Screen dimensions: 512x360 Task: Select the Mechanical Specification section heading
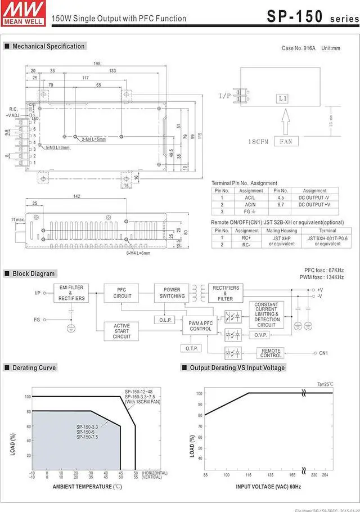[48, 46]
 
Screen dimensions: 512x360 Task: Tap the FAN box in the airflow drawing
[286, 142]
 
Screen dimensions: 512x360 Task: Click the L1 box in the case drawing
[282, 98]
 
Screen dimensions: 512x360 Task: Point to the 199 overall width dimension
[97, 64]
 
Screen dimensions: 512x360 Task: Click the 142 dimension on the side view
[76, 196]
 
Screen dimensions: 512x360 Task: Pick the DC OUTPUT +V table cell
[314, 204]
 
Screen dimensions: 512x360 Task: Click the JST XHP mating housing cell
[281, 240]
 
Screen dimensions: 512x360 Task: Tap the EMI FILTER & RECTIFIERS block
[71, 293]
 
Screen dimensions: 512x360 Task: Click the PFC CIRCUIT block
[122, 293]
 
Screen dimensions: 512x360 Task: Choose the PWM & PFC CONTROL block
[200, 326]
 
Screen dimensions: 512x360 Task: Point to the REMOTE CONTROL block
[271, 353]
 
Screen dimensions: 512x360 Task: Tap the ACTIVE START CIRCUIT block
[122, 331]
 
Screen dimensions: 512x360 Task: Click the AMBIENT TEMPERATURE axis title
[87, 486]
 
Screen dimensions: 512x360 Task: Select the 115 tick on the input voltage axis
[248, 475]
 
